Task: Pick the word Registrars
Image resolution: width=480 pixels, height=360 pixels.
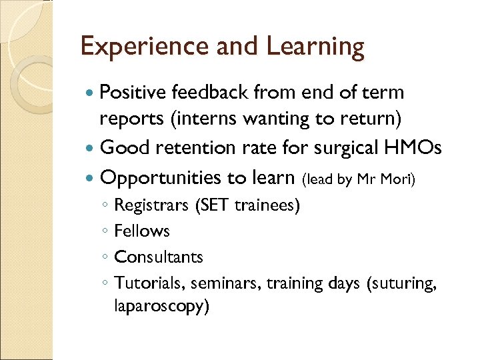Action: pyautogui.click(x=151, y=206)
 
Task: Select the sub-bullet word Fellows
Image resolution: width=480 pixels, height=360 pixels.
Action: pyautogui.click(x=142, y=231)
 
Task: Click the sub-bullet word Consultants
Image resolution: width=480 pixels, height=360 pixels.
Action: pyautogui.click(x=159, y=257)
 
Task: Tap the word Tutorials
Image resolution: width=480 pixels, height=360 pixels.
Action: pyautogui.click(x=149, y=283)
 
